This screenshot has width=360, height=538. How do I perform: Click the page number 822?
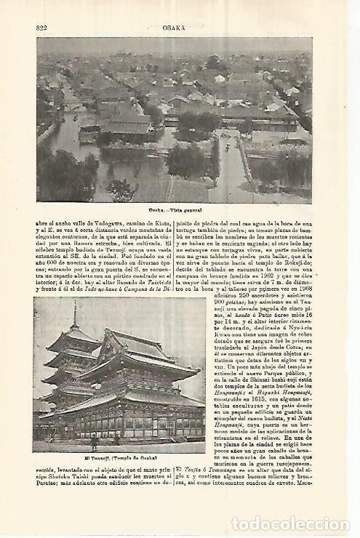coord(41,27)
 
